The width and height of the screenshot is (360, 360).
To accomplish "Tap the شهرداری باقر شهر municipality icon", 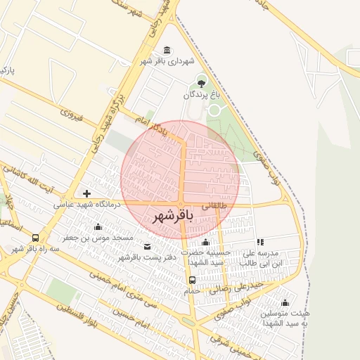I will tap(166, 50).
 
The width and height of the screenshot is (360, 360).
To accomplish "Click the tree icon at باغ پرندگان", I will tap(203, 84).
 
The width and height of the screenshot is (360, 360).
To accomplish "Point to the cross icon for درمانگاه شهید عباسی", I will tap(86, 193).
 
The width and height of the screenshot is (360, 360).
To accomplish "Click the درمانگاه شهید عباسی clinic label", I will tap(88, 205).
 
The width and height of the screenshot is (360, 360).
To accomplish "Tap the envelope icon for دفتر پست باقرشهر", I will tap(146, 247).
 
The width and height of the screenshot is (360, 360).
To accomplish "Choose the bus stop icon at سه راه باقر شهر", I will tap(36, 238).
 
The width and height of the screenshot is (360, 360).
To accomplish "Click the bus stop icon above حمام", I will tap(192, 279).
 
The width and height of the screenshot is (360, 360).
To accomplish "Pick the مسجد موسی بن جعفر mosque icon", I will tap(97, 227).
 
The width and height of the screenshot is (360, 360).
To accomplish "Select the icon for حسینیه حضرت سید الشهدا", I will tap(205, 242).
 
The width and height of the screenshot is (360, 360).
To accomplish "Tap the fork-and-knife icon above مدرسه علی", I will tap(260, 242).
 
